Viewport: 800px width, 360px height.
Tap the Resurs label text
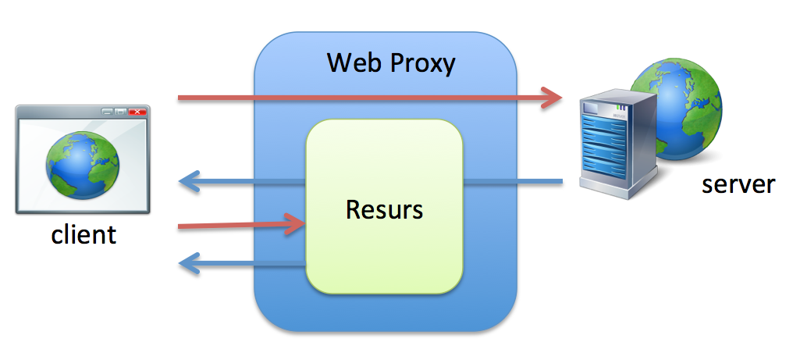384,209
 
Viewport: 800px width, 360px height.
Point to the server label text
738,184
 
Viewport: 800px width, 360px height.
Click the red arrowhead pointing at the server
553,98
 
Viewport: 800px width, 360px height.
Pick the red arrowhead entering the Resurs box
294,225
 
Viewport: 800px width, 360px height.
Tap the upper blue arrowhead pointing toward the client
190,183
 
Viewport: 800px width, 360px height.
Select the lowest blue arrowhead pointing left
190,264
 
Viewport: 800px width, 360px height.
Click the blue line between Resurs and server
511,183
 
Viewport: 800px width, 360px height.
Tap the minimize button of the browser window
108,112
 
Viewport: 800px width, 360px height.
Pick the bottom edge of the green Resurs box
384,293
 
